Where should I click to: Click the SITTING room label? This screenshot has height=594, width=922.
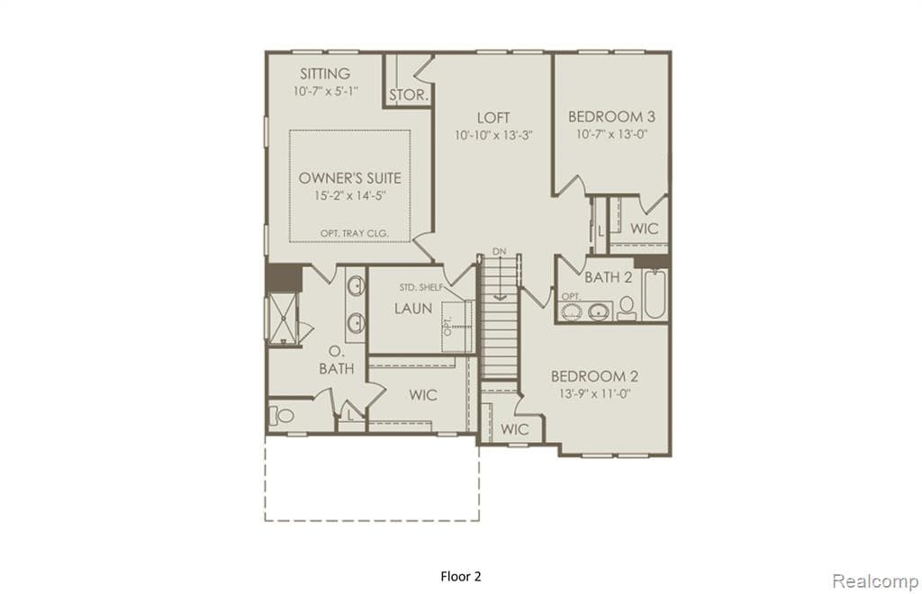(325, 73)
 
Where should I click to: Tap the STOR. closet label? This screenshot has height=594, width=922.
(408, 94)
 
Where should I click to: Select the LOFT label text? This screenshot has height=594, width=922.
(493, 117)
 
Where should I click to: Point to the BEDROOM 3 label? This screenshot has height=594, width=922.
(611, 116)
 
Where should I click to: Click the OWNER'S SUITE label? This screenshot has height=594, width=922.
(350, 177)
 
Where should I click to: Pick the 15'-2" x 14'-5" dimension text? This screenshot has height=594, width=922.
(350, 195)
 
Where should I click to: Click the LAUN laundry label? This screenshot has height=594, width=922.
(413, 308)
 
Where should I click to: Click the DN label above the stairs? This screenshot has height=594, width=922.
(500, 251)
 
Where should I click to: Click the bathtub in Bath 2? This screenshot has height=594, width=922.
(654, 294)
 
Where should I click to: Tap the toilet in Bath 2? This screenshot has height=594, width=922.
(627, 310)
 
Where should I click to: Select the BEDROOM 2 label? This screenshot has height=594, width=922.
(594, 375)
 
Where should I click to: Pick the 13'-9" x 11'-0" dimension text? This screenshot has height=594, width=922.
(594, 393)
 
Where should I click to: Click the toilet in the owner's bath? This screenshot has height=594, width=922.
(283, 416)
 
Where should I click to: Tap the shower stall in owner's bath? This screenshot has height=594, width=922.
(284, 314)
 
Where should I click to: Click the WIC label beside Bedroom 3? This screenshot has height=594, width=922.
(644, 229)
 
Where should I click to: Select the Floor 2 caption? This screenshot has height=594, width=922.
(461, 575)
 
